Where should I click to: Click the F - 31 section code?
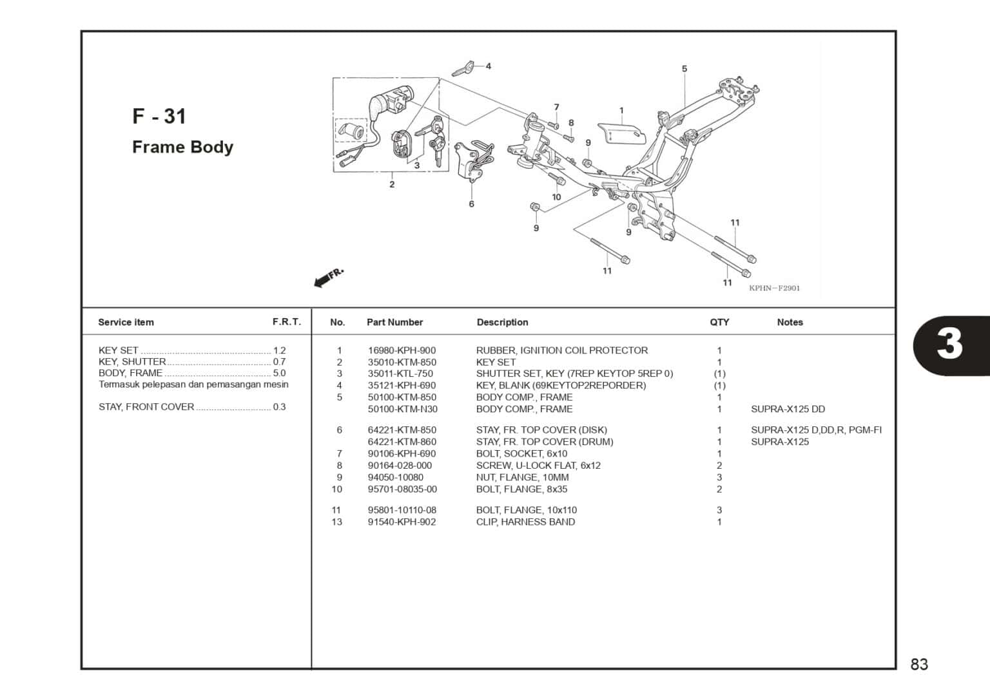[159, 117]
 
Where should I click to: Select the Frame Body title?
[182, 147]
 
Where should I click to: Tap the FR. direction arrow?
[329, 278]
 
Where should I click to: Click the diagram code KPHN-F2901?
[774, 288]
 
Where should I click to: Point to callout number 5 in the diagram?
[684, 69]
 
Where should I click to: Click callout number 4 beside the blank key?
[488, 66]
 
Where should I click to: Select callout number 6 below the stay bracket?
[471, 204]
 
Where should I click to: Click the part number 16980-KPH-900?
[402, 350]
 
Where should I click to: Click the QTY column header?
[719, 322]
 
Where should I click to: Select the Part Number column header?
[394, 322]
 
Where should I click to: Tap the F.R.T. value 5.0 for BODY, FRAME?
[279, 373]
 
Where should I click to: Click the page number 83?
[919, 665]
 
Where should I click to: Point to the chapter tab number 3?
[949, 344]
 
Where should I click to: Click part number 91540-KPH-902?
[402, 522]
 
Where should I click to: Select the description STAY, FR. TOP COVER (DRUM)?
[545, 442]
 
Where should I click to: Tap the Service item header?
[126, 322]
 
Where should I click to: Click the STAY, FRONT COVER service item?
[146, 407]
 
